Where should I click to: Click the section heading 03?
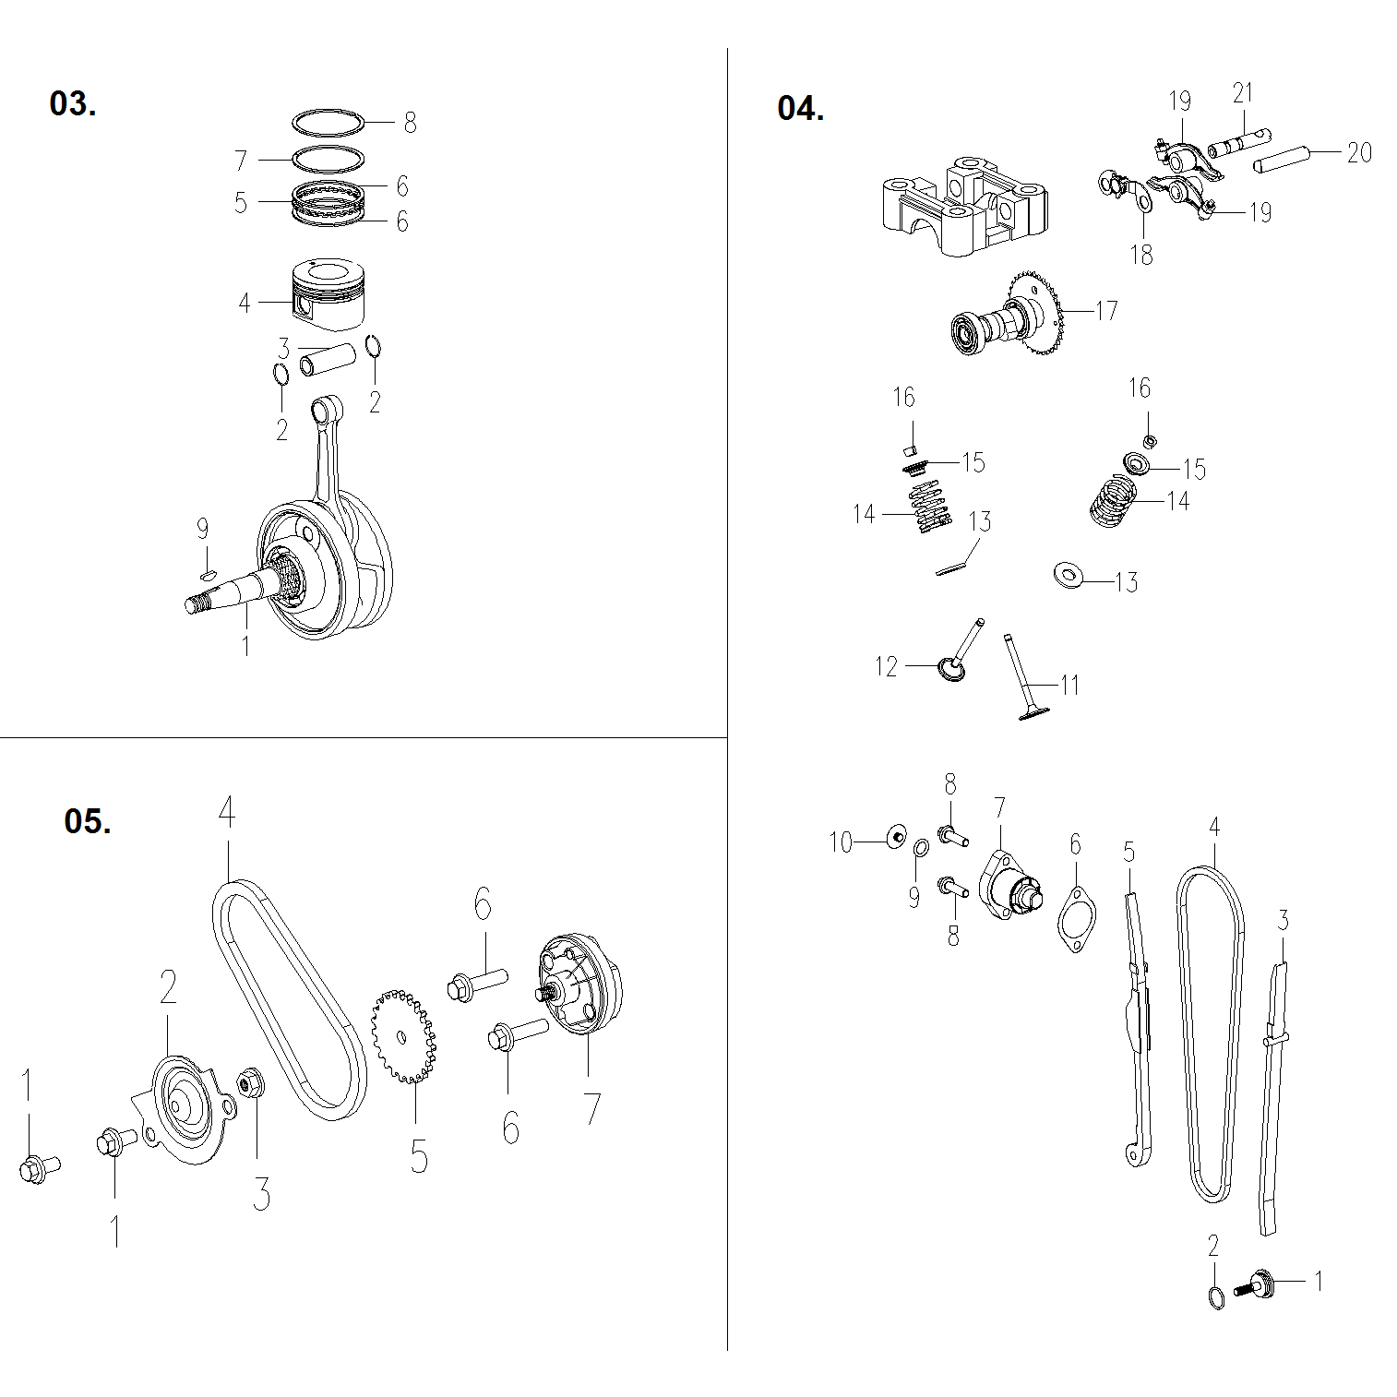pos(72,104)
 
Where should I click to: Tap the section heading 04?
pos(800,109)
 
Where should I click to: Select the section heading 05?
pos(87,820)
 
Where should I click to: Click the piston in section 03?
pos(329,293)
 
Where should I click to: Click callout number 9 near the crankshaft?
pos(202,529)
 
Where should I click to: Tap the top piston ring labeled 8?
pos(328,122)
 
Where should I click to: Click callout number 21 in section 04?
pos(1243,93)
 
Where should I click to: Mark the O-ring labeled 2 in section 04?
pos(1216,1297)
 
